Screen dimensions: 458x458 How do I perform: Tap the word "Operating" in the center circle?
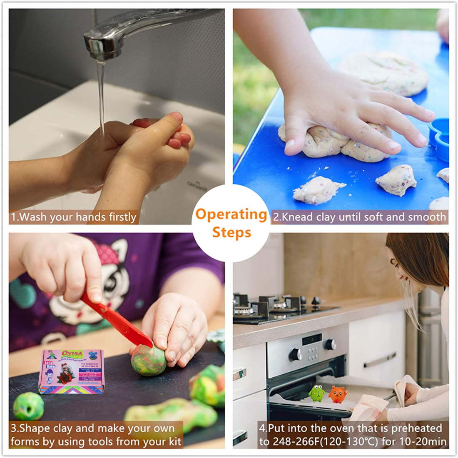231,214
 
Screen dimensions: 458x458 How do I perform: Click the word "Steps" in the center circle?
231,232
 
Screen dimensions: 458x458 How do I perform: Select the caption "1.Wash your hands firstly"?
74,217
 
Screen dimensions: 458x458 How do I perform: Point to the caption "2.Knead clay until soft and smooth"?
359,217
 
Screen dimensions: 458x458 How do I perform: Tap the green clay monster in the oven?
317,393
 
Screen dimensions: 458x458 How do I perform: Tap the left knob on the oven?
295,354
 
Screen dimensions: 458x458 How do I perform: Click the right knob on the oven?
330,344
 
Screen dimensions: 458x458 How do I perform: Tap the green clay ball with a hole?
28,406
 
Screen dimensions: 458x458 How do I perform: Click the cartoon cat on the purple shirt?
104,283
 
